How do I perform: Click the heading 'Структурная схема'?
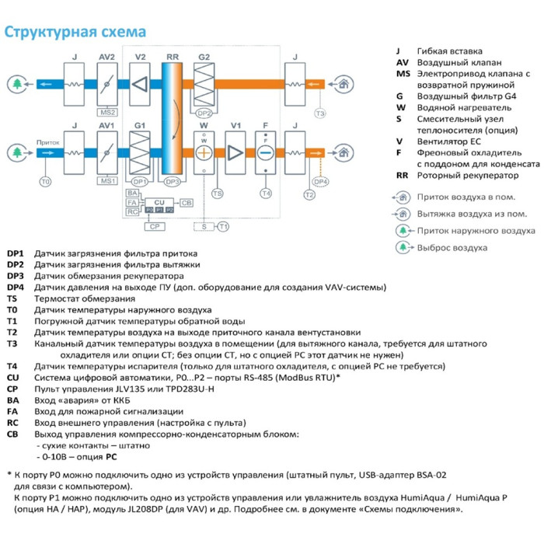pyautogui.click(x=75, y=32)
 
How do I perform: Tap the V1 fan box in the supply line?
pyautogui.click(x=235, y=152)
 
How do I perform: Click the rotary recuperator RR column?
pyautogui.click(x=172, y=117)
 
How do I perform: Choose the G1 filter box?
pyautogui.click(x=140, y=152)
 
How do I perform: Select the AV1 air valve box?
pyautogui.click(x=106, y=152)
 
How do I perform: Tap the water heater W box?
pyautogui.click(x=204, y=152)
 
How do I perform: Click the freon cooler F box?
pyautogui.click(x=266, y=152)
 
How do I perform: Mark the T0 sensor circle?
pyautogui.click(x=44, y=181)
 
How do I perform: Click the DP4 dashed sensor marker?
pyautogui.click(x=321, y=181)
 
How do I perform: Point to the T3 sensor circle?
pyautogui.click(x=319, y=114)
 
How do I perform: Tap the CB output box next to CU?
pyautogui.click(x=187, y=202)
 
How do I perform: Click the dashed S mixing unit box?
pyautogui.click(x=204, y=225)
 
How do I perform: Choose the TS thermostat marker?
pyautogui.click(x=218, y=193)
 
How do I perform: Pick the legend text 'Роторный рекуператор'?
pyautogui.click(x=459, y=176)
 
